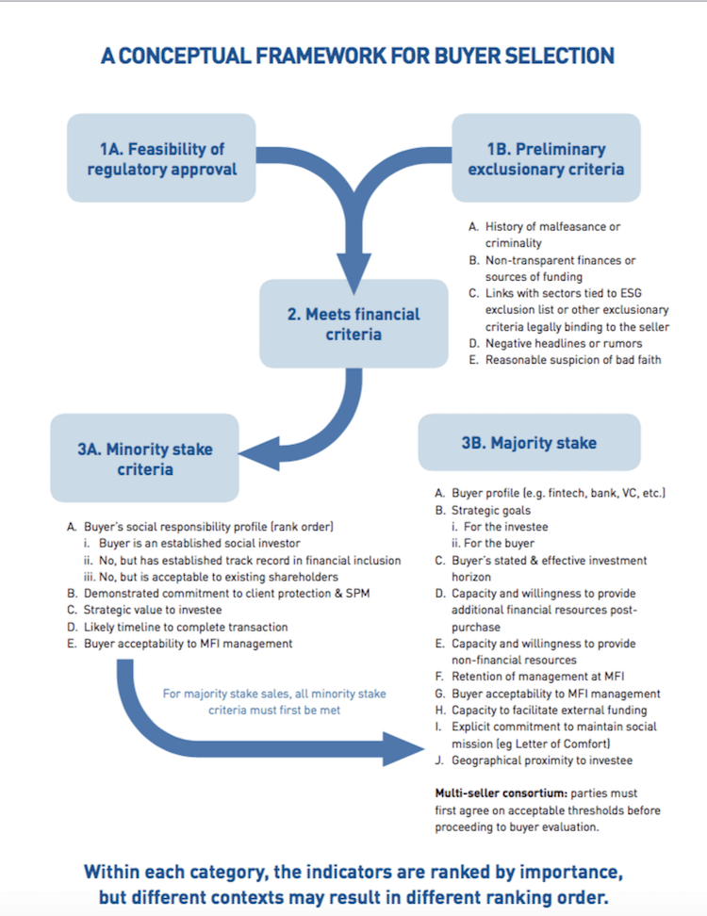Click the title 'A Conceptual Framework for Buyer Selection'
(x=357, y=56)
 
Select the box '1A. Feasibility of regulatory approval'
(x=161, y=158)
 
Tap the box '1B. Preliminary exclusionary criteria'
(x=546, y=158)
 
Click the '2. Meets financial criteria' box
(x=353, y=323)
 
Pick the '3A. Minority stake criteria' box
(x=145, y=458)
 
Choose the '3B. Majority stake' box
(x=529, y=442)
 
